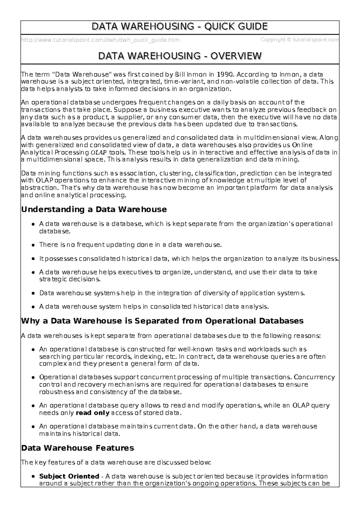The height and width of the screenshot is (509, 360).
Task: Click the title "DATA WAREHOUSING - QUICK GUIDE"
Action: [180, 27]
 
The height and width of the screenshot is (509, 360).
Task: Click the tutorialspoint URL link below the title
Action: [100, 40]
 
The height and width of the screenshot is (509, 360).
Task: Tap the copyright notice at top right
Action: [300, 40]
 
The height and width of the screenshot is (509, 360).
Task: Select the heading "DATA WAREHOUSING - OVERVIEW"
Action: [180, 56]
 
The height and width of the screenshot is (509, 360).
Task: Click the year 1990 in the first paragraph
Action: [224, 74]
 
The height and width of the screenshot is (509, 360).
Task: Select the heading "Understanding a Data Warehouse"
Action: [94, 209]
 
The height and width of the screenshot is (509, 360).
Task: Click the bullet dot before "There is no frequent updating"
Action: [33, 245]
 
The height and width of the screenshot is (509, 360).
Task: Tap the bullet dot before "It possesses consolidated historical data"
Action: [33, 259]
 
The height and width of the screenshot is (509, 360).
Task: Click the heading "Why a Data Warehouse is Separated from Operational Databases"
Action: [162, 321]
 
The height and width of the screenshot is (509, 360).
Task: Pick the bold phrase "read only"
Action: [92, 413]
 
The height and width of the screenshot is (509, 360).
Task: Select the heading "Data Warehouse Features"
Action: [77, 448]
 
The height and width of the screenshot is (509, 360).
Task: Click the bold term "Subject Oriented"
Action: [69, 476]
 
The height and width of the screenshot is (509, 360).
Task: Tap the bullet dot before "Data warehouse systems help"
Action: [33, 293]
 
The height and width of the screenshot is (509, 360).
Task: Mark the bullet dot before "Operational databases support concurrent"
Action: [33, 377]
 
